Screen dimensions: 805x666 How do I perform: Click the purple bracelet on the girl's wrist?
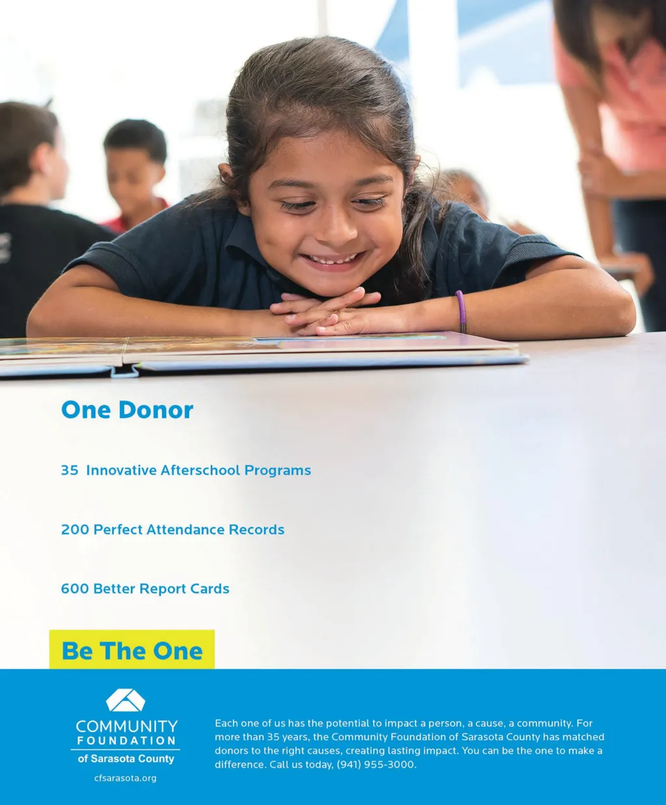click(461, 311)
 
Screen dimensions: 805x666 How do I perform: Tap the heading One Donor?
click(127, 410)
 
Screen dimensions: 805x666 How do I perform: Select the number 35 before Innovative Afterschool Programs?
click(70, 471)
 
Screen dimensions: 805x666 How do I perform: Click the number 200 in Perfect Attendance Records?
click(75, 530)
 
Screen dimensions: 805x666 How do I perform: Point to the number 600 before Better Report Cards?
click(75, 589)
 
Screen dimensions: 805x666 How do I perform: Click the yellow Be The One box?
click(132, 649)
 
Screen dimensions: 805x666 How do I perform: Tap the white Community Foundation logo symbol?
click(126, 700)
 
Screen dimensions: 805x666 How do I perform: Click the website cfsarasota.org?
click(126, 778)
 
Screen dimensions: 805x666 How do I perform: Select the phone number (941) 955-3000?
click(376, 765)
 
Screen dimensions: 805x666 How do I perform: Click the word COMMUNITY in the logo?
click(127, 726)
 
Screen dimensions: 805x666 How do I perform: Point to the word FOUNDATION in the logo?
click(127, 741)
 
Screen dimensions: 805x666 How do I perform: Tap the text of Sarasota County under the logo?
click(126, 759)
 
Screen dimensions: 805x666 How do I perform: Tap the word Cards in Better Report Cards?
click(209, 589)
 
